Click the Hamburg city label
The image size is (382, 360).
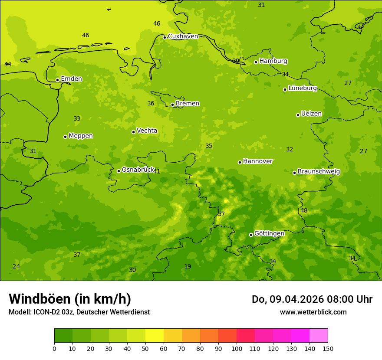(x=273, y=61)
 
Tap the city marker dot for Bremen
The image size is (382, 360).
(x=172, y=105)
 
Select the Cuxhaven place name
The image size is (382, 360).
(x=183, y=36)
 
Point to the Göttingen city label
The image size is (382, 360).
(x=269, y=233)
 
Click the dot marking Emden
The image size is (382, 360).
(x=57, y=80)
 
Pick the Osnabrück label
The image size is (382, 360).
(x=138, y=170)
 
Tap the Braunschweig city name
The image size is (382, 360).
(x=319, y=171)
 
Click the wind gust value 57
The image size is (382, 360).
(x=221, y=214)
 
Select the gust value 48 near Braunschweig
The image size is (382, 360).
(x=304, y=210)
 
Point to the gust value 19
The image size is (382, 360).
(x=188, y=266)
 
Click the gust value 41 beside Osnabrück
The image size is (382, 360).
(x=157, y=171)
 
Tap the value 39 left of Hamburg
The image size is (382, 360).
(x=236, y=61)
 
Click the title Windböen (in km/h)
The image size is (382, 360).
(x=70, y=299)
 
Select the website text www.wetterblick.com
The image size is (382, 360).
(x=313, y=312)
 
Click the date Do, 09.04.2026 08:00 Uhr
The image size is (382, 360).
(x=312, y=299)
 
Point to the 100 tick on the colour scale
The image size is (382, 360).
(x=237, y=348)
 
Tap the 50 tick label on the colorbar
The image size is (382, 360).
(x=145, y=348)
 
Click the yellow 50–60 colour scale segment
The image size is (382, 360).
(x=155, y=336)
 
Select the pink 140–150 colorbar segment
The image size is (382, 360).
(x=319, y=336)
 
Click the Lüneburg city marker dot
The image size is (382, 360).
(x=285, y=89)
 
